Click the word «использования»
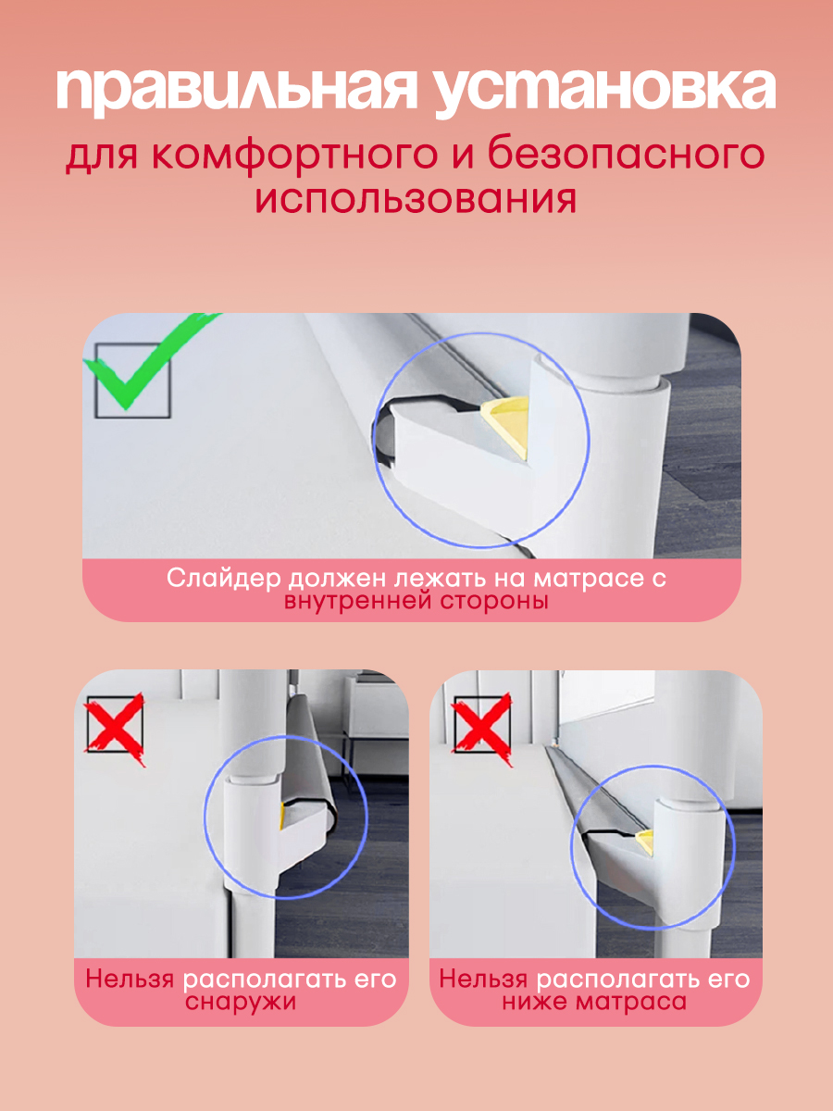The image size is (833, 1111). (x=416, y=199)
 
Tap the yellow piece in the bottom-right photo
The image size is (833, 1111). (x=644, y=843)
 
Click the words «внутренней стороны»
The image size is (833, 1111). (x=416, y=602)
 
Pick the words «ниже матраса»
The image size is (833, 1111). (x=594, y=1002)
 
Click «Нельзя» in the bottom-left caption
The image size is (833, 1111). (x=130, y=979)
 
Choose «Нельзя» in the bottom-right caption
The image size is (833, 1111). (x=483, y=979)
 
